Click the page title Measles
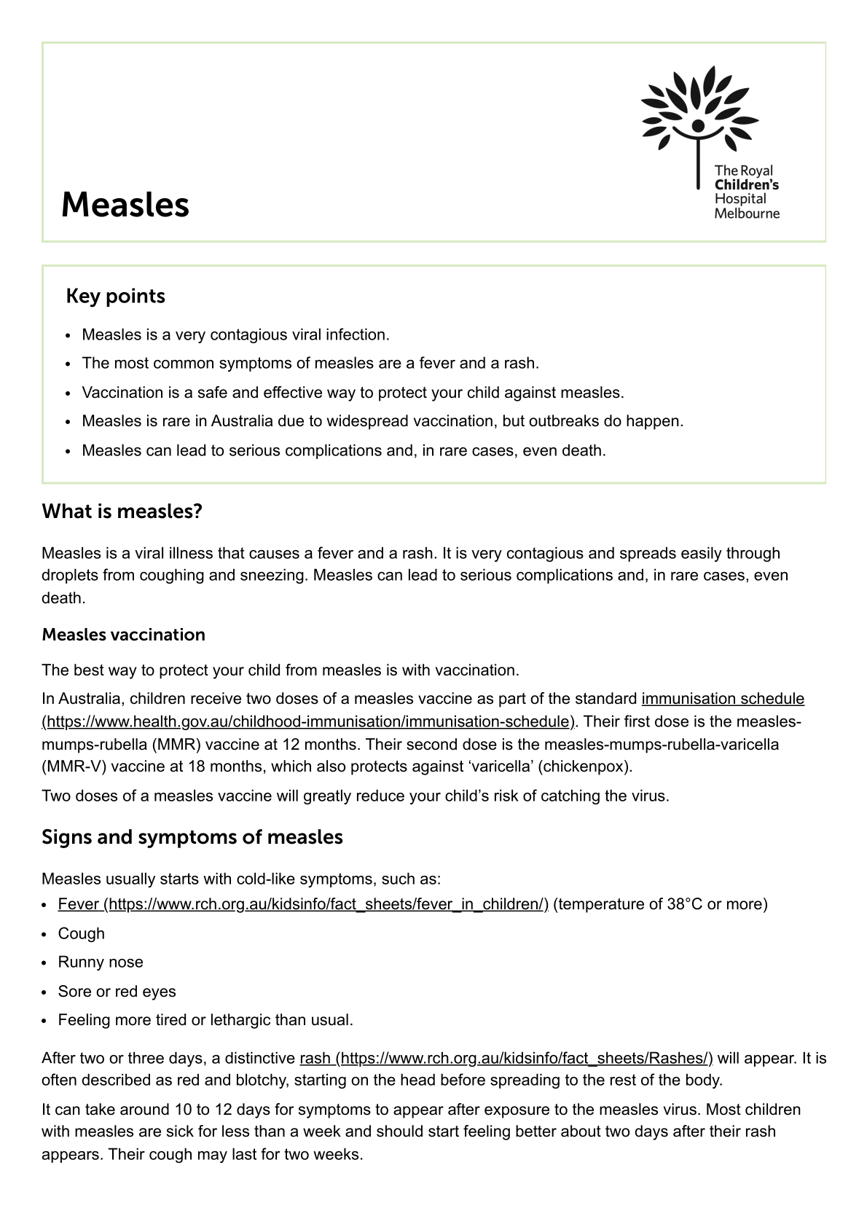(x=125, y=205)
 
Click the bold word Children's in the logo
(x=746, y=185)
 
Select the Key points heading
(x=115, y=296)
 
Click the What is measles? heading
(x=122, y=511)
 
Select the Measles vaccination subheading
(x=123, y=635)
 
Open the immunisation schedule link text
(x=723, y=699)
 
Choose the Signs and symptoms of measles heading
(x=192, y=836)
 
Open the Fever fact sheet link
(x=302, y=904)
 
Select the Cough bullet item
(x=82, y=933)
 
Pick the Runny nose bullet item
(x=101, y=963)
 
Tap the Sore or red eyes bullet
(x=117, y=992)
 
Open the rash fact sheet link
(x=506, y=1058)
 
